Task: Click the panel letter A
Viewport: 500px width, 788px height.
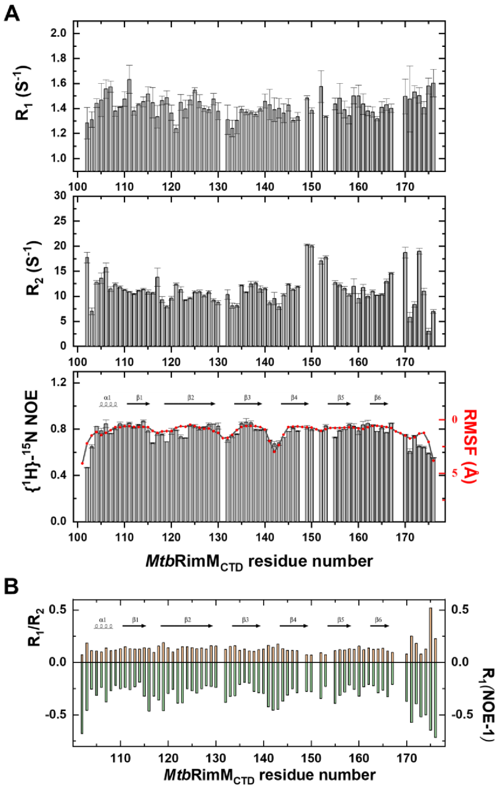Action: click(12, 12)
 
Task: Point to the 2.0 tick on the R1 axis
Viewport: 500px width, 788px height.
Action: click(59, 33)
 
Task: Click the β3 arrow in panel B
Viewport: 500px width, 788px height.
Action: click(246, 626)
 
